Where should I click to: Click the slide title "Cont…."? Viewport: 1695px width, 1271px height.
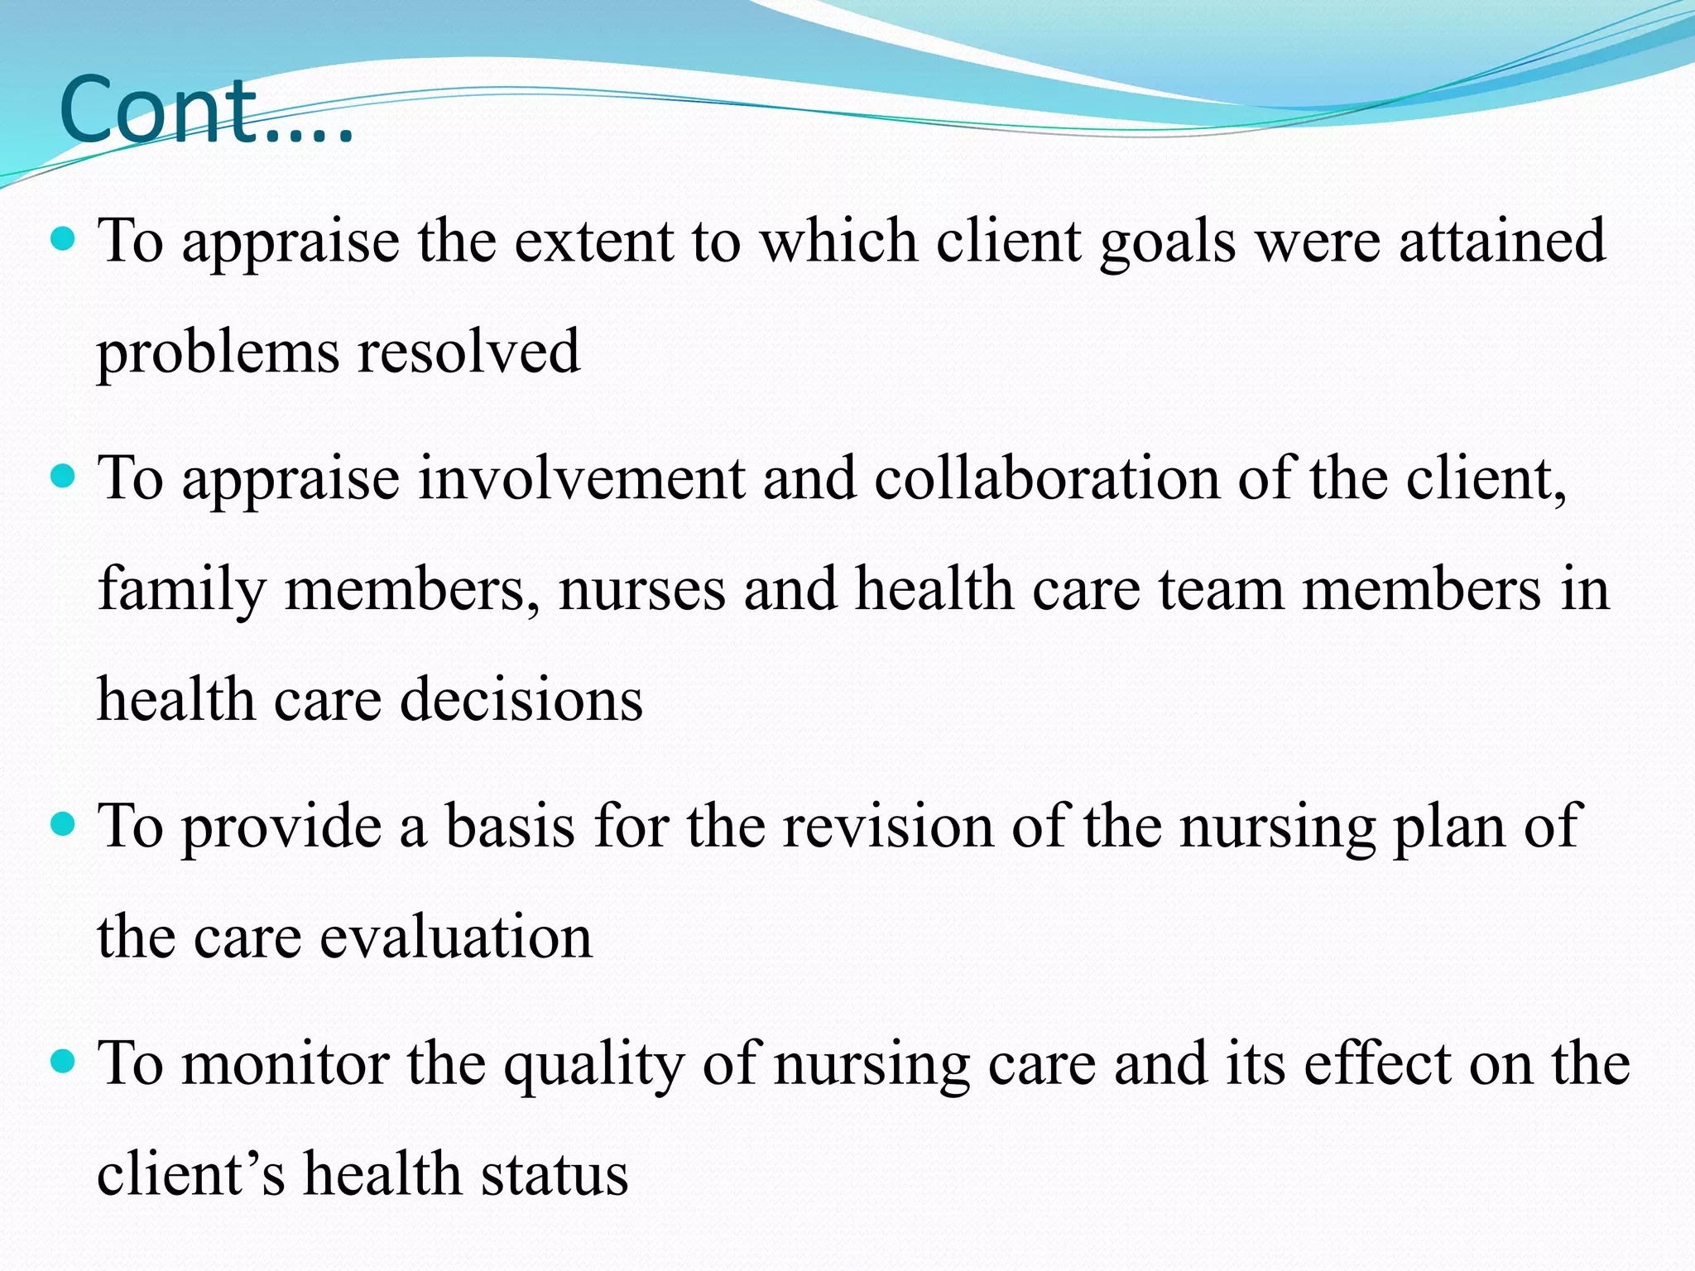click(x=207, y=111)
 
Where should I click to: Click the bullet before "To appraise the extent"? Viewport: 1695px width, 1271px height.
click(x=63, y=241)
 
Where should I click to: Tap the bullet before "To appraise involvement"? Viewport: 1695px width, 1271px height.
click(x=63, y=477)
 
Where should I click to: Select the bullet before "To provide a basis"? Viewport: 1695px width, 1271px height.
click(x=63, y=825)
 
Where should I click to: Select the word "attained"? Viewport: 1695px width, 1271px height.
click(x=1502, y=241)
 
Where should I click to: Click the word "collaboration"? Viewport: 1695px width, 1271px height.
click(x=1046, y=479)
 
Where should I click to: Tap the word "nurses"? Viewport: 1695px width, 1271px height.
click(x=641, y=590)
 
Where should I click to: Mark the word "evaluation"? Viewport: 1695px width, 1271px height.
click(x=456, y=938)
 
